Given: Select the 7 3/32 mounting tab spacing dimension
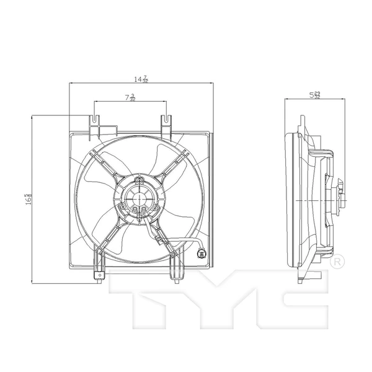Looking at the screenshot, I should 130,97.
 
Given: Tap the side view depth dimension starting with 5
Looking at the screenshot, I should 315,95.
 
